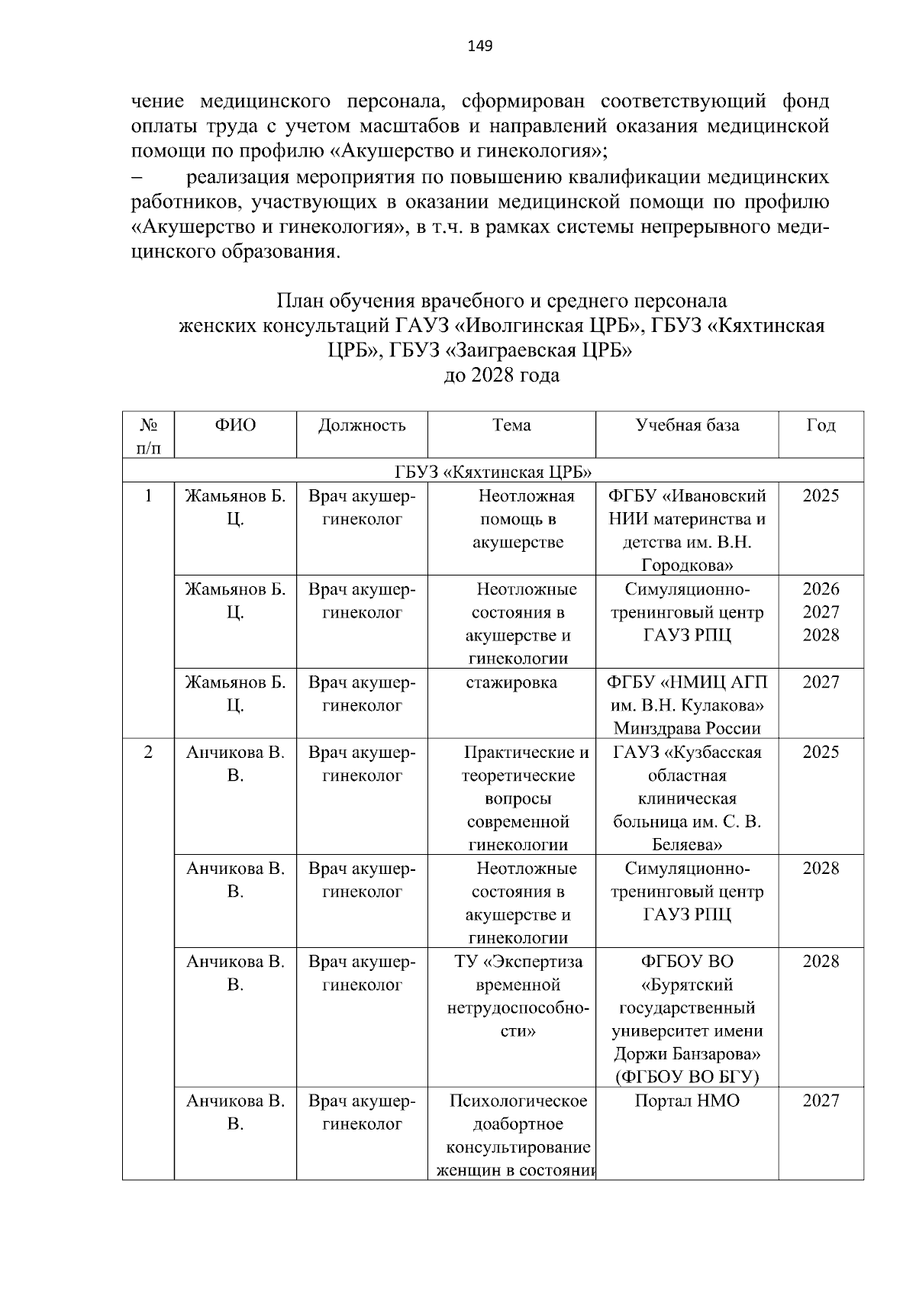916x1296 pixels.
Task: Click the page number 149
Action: pos(480,47)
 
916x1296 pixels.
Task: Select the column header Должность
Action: pos(362,425)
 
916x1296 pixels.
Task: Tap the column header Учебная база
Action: pos(687,425)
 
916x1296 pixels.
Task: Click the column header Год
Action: pos(821,425)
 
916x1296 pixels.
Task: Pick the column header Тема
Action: pos(511,425)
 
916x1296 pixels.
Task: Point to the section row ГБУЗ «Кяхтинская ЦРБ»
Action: pos(493,470)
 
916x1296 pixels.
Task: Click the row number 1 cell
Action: pos(148,496)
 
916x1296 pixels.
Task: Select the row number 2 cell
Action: pos(148,753)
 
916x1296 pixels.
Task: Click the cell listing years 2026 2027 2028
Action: pos(821,612)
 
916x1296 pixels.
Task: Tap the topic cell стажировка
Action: pos(511,682)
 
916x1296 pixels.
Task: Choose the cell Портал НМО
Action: pos(687,1101)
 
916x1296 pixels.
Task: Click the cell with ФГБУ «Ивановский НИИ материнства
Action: pos(687,530)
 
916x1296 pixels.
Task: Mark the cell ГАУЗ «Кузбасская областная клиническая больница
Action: pos(687,798)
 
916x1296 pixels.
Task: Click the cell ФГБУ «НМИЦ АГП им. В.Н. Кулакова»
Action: pos(687,705)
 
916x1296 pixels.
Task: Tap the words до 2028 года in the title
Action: pos(502,376)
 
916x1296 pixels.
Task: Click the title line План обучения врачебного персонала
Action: pos(502,300)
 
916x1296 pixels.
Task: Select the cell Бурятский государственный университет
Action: pos(687,1019)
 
